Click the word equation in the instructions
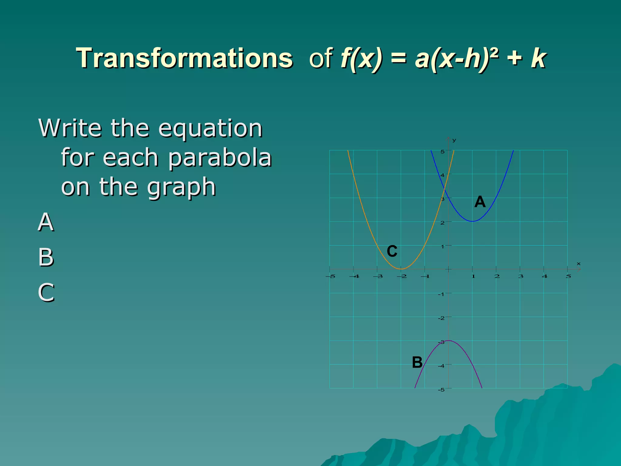point(210,129)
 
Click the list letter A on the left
point(46,222)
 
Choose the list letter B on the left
point(46,257)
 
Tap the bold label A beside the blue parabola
point(480,202)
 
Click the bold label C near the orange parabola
point(392,252)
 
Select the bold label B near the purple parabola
point(417,362)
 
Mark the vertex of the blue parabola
point(472,221)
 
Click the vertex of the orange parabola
point(401,269)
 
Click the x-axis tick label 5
point(568,276)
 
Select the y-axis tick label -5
point(441,390)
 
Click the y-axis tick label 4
point(442,175)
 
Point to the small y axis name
point(454,140)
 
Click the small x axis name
point(578,264)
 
